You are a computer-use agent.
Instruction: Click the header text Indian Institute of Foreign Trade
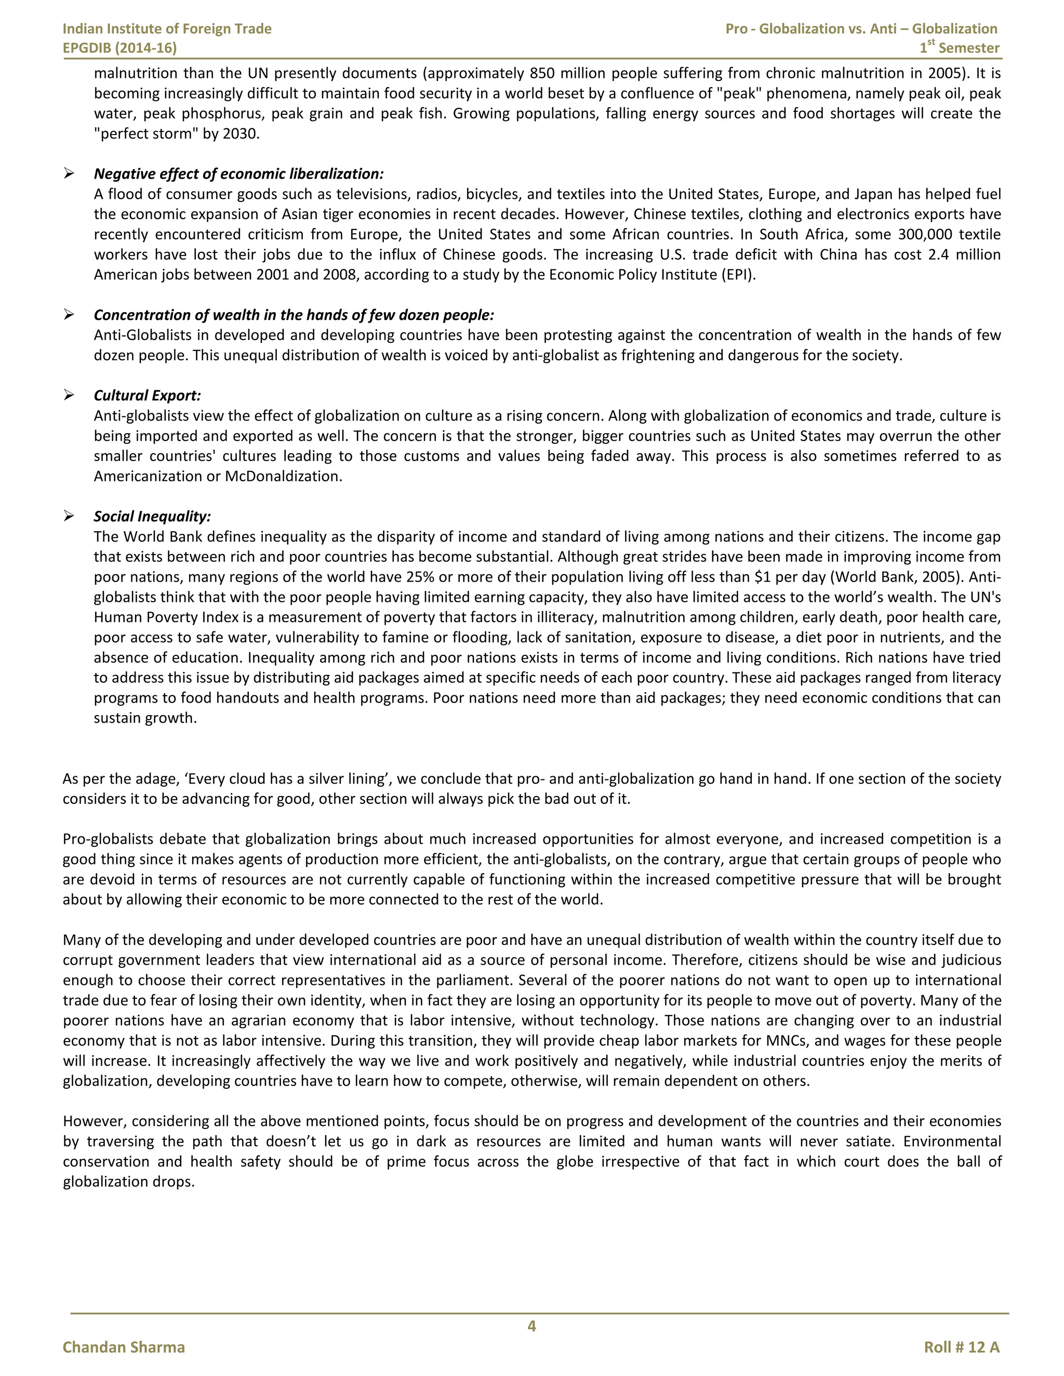click(x=167, y=29)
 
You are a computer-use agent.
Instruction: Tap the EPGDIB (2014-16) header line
click(x=120, y=48)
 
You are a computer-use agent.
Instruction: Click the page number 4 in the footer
click(x=531, y=1326)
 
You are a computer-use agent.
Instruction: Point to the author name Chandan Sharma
click(x=124, y=1347)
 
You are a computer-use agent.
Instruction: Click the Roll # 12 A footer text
click(x=961, y=1347)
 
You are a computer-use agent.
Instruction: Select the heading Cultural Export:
click(x=147, y=395)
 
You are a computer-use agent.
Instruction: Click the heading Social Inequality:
click(x=152, y=516)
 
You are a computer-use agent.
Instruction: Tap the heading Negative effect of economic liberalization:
click(x=238, y=173)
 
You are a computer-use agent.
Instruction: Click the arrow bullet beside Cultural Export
click(x=69, y=395)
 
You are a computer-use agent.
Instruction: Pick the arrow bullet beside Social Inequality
click(x=69, y=516)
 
